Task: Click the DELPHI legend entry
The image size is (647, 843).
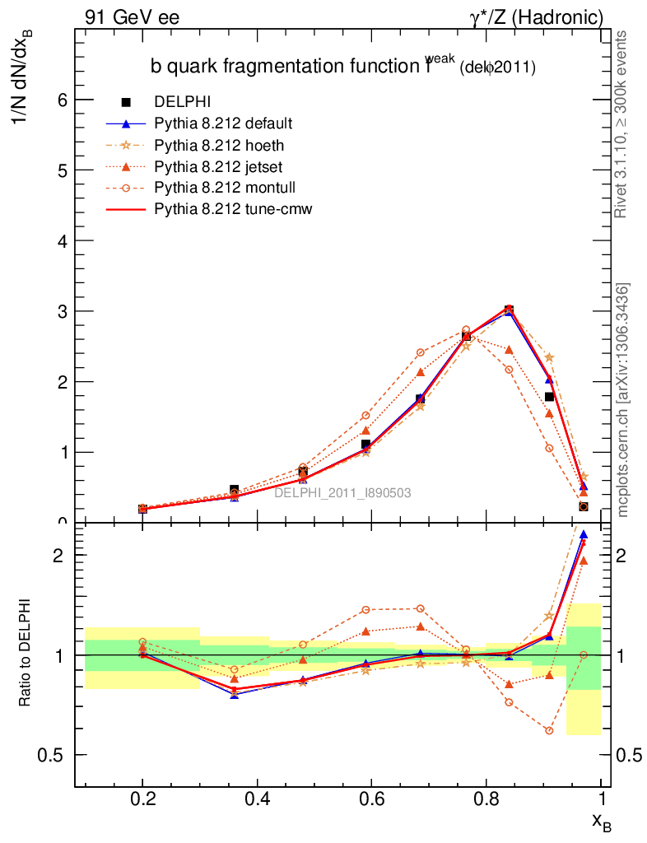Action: (x=183, y=102)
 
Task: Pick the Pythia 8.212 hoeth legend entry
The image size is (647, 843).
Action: (x=218, y=145)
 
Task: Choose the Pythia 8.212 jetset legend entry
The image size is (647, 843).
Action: (x=218, y=166)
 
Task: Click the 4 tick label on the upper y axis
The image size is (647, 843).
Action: (x=61, y=240)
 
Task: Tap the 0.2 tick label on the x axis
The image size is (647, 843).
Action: (x=143, y=800)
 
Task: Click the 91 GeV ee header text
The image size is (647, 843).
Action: (x=132, y=16)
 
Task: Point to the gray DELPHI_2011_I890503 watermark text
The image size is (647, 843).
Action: (x=342, y=492)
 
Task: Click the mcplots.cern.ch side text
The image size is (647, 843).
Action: (x=623, y=399)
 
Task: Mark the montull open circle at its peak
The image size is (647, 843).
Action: (x=466, y=330)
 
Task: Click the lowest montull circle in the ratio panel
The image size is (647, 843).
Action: (x=549, y=731)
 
